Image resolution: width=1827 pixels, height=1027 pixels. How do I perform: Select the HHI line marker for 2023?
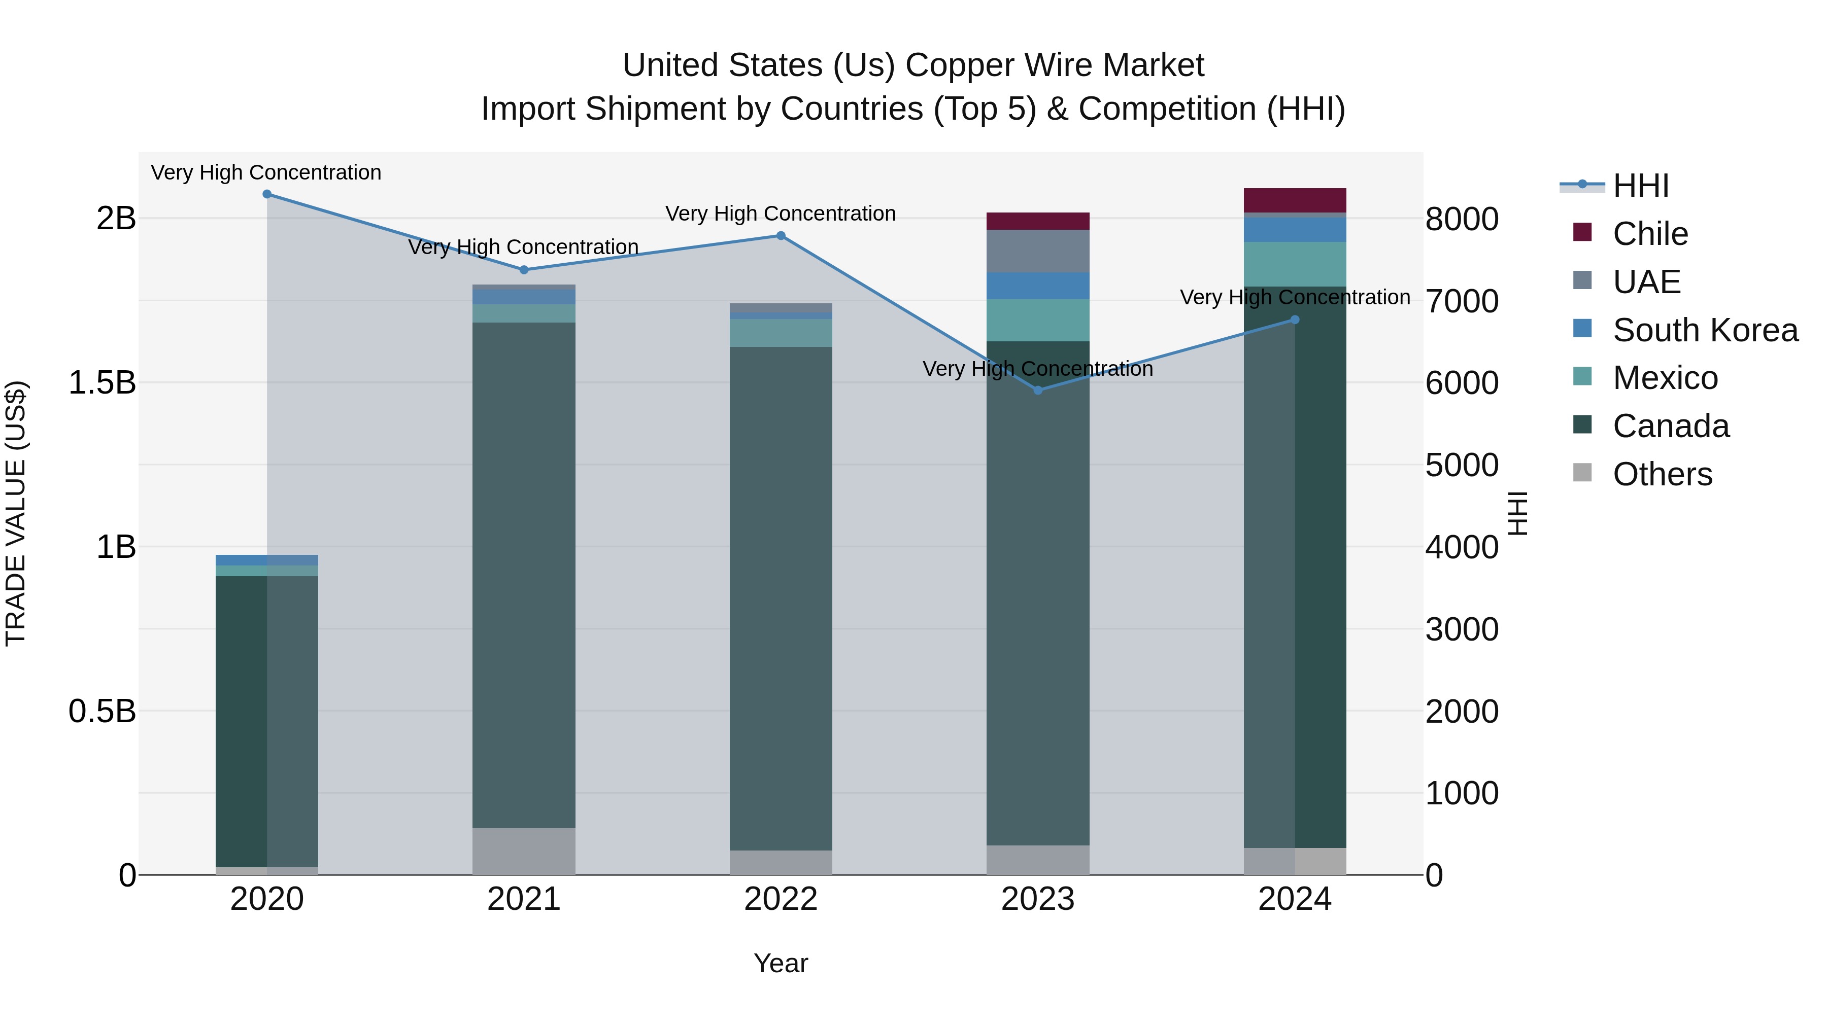point(1038,391)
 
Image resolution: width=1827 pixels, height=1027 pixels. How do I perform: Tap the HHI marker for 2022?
point(781,236)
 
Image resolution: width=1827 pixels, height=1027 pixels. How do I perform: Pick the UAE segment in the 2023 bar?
point(1038,251)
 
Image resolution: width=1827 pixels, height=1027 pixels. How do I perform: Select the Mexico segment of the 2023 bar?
point(1038,321)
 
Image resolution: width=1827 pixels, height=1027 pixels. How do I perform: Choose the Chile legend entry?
point(1650,234)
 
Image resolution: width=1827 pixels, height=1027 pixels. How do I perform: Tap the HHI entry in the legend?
point(1640,186)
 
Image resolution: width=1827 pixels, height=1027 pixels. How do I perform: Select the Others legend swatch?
point(1582,473)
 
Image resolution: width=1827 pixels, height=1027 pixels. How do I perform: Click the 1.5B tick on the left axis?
point(102,383)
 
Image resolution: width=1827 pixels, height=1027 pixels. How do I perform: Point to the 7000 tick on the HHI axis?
point(1462,301)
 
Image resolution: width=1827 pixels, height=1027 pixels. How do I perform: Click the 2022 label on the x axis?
point(781,899)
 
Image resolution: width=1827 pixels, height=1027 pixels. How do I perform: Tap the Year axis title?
point(781,963)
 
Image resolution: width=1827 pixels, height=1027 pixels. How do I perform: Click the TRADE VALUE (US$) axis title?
point(16,513)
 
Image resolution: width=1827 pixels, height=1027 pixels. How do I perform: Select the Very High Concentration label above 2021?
point(523,247)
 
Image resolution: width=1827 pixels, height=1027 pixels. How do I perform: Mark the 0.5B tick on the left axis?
point(102,711)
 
